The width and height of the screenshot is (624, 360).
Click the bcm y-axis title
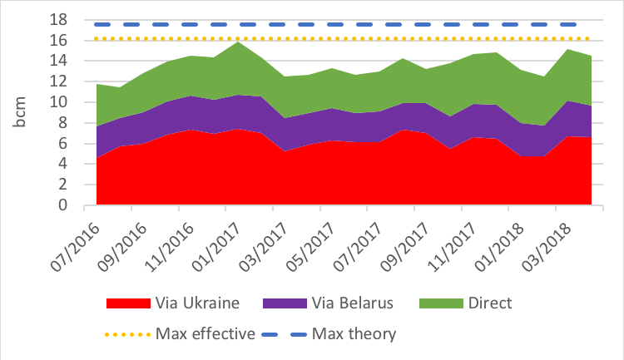[20, 112]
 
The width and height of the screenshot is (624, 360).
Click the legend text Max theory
[354, 334]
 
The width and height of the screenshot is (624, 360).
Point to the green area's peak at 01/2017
[239, 42]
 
